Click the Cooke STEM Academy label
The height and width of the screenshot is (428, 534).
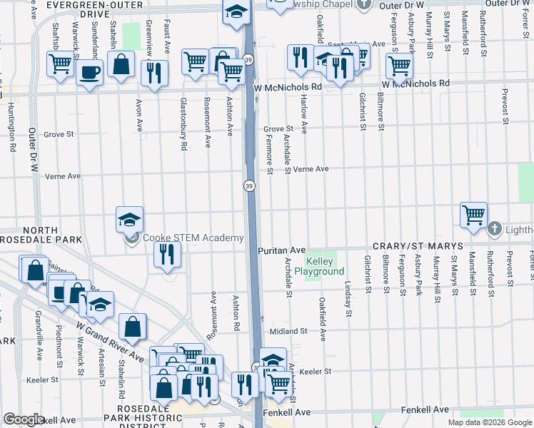click(x=193, y=238)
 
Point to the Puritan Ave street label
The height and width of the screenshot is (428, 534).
click(x=282, y=251)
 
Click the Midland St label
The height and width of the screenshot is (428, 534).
click(x=288, y=332)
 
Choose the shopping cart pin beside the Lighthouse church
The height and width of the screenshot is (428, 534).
click(x=473, y=215)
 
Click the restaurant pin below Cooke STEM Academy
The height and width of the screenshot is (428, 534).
click(x=167, y=255)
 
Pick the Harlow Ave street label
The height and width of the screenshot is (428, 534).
click(x=304, y=115)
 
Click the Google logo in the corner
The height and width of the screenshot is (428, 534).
click(x=24, y=419)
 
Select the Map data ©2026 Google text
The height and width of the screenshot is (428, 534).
click(x=490, y=422)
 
